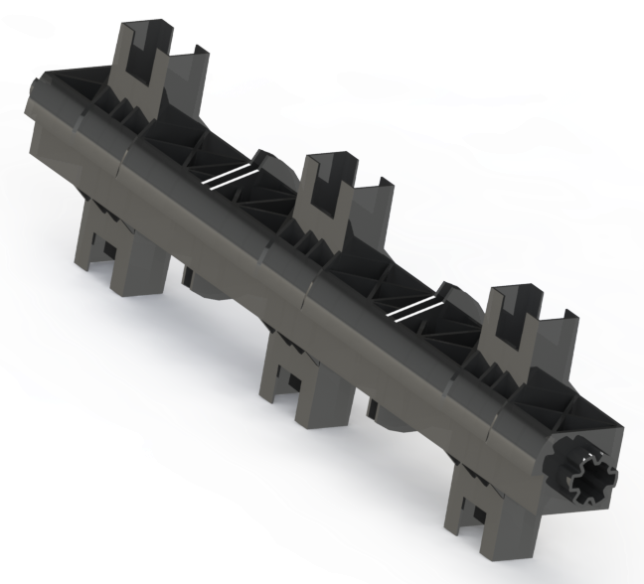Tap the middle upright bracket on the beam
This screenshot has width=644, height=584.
point(333,195)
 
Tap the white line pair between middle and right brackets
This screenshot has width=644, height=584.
point(411,307)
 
